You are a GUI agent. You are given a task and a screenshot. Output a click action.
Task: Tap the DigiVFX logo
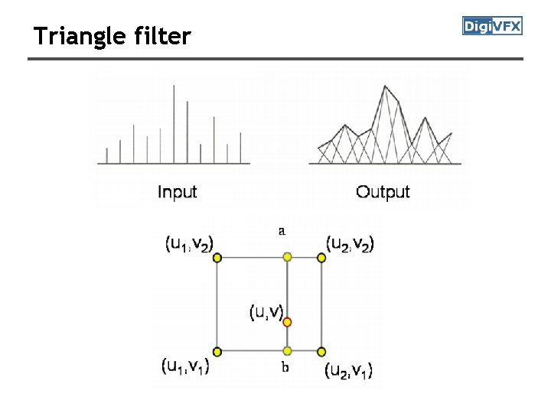coord(492,27)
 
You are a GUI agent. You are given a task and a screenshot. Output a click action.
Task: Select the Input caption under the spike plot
coord(177,192)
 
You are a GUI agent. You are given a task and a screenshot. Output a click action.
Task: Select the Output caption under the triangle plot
coord(383,192)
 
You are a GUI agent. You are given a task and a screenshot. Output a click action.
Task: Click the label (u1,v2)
coord(188,243)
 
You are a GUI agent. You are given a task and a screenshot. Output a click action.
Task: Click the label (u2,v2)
coord(350,243)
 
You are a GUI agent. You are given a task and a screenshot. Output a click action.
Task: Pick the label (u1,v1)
coord(186,366)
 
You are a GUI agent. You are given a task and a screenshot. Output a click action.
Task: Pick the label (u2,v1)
coord(348,371)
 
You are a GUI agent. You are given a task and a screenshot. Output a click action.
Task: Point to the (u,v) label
coord(266,312)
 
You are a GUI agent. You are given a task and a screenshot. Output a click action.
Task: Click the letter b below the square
coord(285,368)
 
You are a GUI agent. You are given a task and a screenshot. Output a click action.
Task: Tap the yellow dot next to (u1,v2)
coord(217,259)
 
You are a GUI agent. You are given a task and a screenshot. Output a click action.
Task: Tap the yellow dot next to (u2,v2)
coord(321,259)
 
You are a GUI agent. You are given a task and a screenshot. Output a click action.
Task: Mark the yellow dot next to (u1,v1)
coord(217,352)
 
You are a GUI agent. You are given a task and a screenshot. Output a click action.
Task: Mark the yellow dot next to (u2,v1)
coord(321,352)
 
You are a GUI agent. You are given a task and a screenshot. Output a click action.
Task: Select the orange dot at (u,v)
coord(288,323)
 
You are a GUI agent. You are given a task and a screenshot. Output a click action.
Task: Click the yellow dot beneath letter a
coord(288,258)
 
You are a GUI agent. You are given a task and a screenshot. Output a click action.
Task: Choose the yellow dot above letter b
coord(288,352)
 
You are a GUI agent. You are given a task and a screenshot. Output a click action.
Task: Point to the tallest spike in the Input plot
coord(174,122)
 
